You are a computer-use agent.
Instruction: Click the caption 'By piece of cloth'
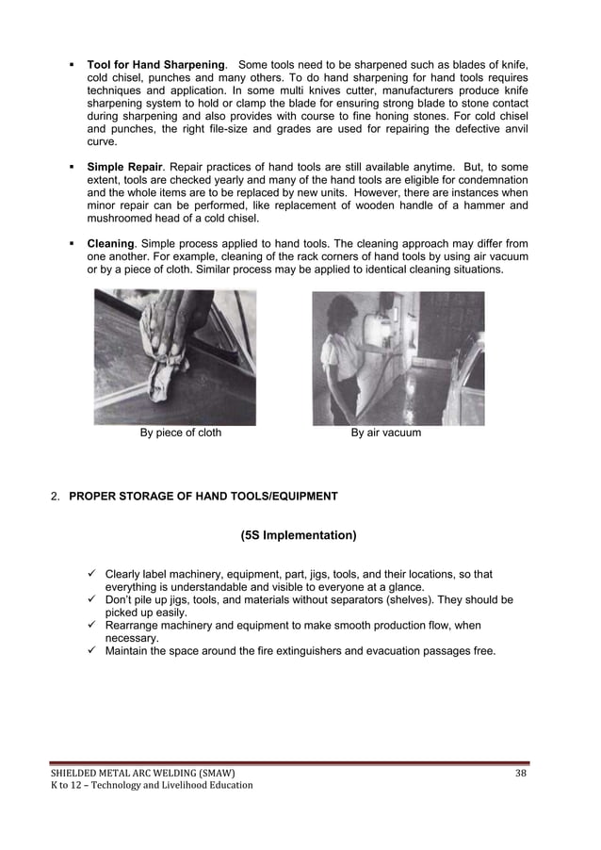click(x=181, y=433)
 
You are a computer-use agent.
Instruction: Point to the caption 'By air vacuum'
click(x=386, y=433)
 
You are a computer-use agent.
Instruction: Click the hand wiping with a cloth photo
click(x=175, y=357)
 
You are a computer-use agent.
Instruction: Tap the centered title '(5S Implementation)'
click(x=299, y=536)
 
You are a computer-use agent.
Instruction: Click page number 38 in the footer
click(x=521, y=774)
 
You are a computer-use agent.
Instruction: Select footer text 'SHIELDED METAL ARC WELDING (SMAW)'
click(x=142, y=774)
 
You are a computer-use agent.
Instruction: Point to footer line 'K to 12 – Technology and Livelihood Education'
click(x=152, y=786)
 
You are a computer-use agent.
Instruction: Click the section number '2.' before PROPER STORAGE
click(x=56, y=496)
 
